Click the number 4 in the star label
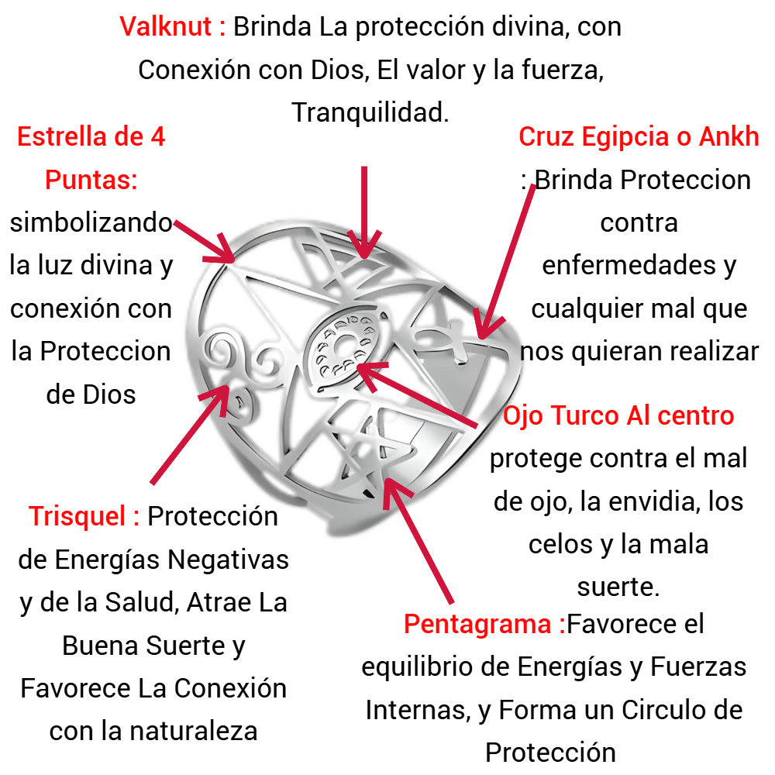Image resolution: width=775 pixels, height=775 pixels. [x=158, y=137]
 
